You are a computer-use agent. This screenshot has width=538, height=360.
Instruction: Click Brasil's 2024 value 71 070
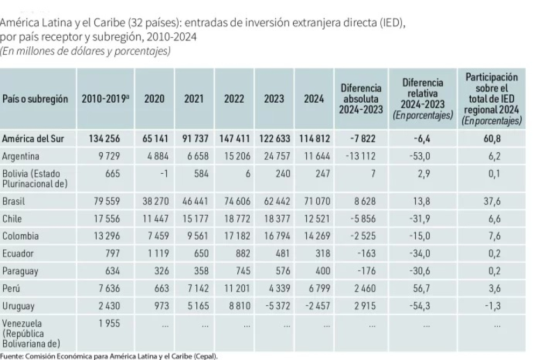tap(317, 201)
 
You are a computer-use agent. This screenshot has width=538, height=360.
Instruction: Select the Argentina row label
tap(20, 157)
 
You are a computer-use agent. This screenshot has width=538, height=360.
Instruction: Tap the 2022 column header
tap(234, 99)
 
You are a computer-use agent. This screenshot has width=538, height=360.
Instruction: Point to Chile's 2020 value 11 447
tap(156, 218)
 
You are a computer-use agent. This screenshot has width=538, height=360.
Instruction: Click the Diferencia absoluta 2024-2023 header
tap(361, 99)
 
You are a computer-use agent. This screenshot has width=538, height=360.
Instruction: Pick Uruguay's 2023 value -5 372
tap(278, 306)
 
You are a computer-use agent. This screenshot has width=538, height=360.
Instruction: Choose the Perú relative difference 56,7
tap(422, 288)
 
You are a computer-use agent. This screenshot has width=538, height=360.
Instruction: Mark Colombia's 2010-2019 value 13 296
tap(107, 236)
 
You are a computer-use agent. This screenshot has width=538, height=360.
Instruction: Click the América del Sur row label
tap(33, 139)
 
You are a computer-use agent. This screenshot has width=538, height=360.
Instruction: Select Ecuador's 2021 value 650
tap(201, 253)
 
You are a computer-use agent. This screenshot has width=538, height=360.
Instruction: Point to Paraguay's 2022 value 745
tap(243, 271)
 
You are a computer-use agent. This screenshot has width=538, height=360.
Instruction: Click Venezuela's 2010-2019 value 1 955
tap(109, 323)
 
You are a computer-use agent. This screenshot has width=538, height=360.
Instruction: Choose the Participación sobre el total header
tap(491, 99)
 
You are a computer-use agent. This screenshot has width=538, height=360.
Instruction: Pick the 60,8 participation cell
tap(492, 139)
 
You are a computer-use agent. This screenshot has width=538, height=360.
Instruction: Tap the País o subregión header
tap(35, 99)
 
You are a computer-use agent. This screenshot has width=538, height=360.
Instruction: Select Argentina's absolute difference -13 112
tap(360, 157)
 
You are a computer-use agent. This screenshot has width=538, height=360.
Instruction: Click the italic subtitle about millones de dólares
tap(85, 51)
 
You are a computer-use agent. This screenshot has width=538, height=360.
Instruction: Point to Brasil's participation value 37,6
tap(492, 201)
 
